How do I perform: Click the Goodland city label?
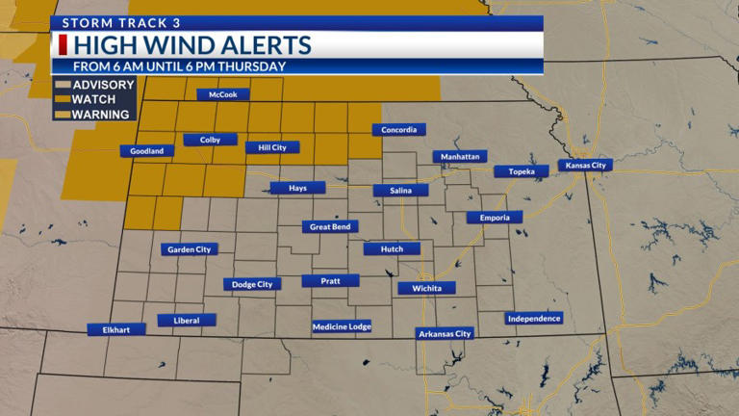pyautogui.click(x=147, y=151)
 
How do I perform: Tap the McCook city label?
pyautogui.click(x=223, y=94)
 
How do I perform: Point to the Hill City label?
pyautogui.click(x=272, y=147)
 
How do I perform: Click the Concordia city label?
pyautogui.click(x=398, y=130)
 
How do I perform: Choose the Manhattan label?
pyautogui.click(x=460, y=156)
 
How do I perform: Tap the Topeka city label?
pyautogui.click(x=522, y=171)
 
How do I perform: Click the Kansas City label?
pyautogui.click(x=585, y=166)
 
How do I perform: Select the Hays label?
pyautogui.click(x=298, y=188)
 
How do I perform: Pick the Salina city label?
pyautogui.click(x=401, y=191)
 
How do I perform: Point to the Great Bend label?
pyautogui.click(x=331, y=227)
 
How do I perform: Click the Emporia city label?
pyautogui.click(x=495, y=218)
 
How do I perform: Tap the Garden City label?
pyautogui.click(x=189, y=249)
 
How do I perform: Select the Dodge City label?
pyautogui.click(x=252, y=284)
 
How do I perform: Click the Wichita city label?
pyautogui.click(x=426, y=288)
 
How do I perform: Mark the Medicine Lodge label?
pyautogui.click(x=342, y=326)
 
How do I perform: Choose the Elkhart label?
pyautogui.click(x=115, y=329)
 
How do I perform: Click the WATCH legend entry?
pyautogui.click(x=94, y=99)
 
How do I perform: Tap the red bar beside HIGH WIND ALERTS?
pyautogui.click(x=64, y=45)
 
